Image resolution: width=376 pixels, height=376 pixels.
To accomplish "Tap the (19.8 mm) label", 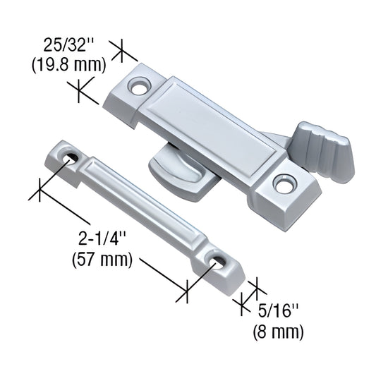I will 68,65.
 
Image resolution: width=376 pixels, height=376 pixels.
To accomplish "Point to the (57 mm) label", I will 102,260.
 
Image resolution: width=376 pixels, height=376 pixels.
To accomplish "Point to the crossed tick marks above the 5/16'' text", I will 250,293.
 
